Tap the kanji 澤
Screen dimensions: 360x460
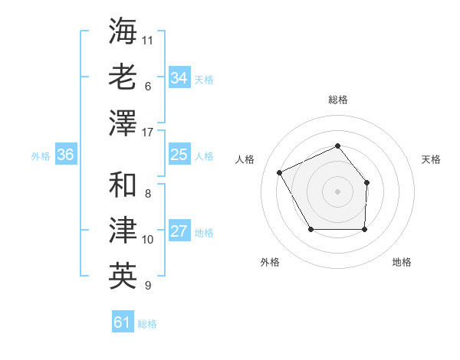pyautogui.click(x=123, y=123)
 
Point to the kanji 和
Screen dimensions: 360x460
pyautogui.click(x=123, y=185)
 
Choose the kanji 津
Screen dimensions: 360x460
pyautogui.click(x=123, y=231)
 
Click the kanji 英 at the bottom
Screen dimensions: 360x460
pyautogui.click(x=123, y=277)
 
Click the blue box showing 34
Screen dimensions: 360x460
pyautogui.click(x=179, y=77)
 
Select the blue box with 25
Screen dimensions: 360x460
pyautogui.click(x=179, y=155)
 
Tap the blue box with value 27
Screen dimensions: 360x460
pyautogui.click(x=179, y=232)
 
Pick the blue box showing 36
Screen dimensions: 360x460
pyautogui.click(x=66, y=155)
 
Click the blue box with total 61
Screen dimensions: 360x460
pyautogui.click(x=122, y=322)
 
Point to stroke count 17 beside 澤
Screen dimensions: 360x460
pyautogui.click(x=148, y=133)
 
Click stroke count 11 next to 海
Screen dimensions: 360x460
pyautogui.click(x=148, y=39)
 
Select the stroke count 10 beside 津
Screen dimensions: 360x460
pyautogui.click(x=148, y=240)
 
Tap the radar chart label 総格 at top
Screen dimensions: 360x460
pyautogui.click(x=337, y=100)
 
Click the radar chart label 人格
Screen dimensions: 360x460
pyautogui.click(x=245, y=159)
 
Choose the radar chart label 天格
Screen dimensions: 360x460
pyautogui.click(x=431, y=159)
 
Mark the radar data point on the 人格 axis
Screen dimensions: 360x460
pyautogui.click(x=280, y=172)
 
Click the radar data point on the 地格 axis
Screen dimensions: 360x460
pyautogui.click(x=364, y=229)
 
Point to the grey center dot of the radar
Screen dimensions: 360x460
pyautogui.click(x=337, y=191)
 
